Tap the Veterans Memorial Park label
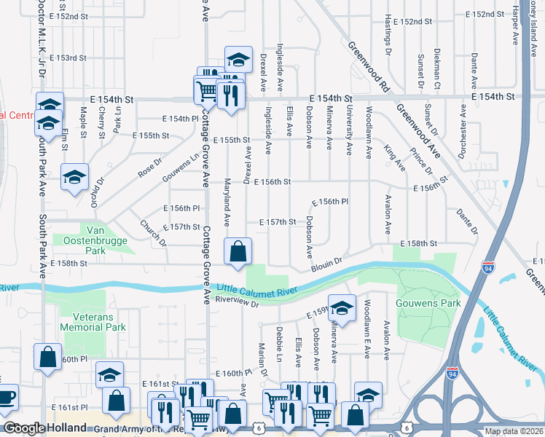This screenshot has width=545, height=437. [100, 323]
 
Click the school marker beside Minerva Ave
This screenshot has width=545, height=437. [341, 308]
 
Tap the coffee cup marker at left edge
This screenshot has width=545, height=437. [6, 398]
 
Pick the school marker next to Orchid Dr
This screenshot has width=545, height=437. [75, 179]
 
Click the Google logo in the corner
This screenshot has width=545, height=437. [24, 428]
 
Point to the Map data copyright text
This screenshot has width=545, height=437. [513, 431]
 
